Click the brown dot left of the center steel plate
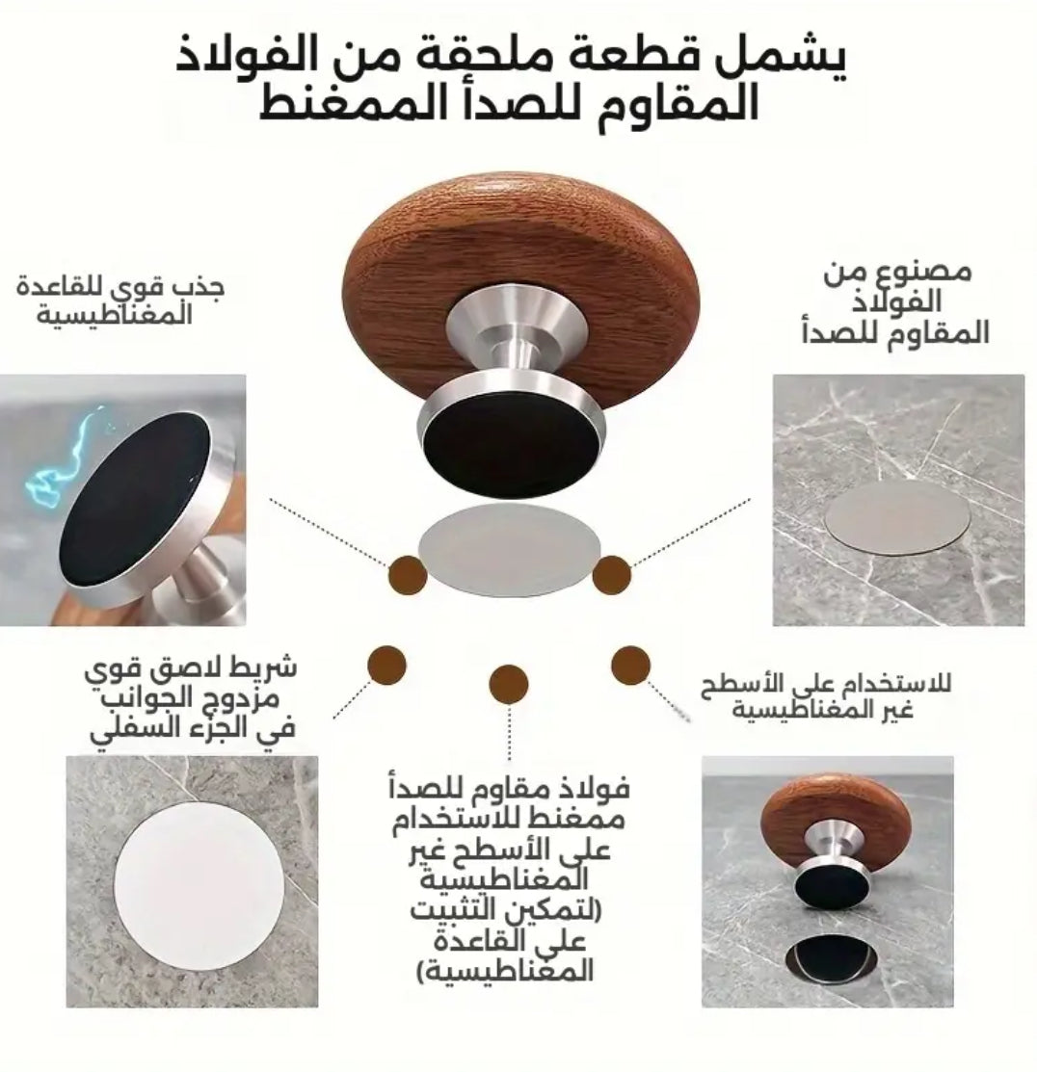[406, 575]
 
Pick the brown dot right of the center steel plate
[611, 575]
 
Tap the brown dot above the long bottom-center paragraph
[508, 683]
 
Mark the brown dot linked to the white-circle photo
[386, 665]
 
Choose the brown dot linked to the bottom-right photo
[630, 665]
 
